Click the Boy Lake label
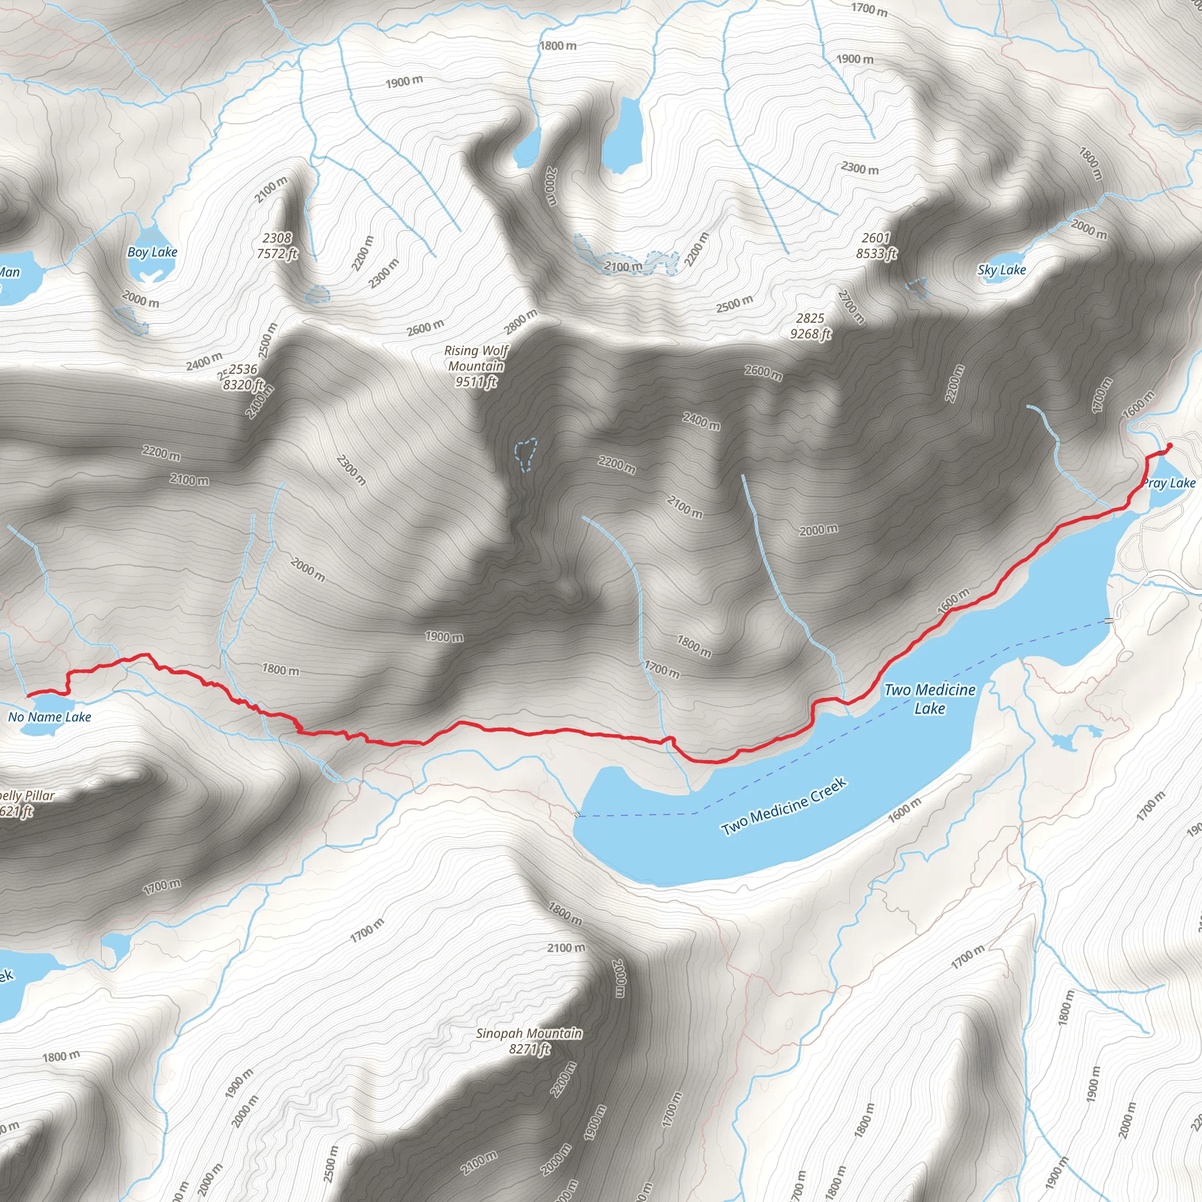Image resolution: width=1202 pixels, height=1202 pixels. coord(153,252)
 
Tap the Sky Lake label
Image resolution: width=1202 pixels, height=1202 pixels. coord(1001,270)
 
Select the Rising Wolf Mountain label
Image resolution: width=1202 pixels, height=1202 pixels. coord(476,359)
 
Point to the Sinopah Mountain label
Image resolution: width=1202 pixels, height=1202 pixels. coord(529,1034)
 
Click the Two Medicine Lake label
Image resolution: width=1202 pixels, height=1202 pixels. coord(930,698)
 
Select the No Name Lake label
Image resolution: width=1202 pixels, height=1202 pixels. coord(50,717)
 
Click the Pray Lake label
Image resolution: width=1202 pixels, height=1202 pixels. coord(1170,484)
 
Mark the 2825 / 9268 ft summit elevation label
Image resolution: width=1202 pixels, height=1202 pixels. coord(810,326)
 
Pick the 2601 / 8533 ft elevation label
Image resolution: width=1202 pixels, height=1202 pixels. coord(876,246)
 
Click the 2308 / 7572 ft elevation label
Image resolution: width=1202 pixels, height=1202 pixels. coord(277,246)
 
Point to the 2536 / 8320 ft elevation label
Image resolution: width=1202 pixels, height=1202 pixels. coord(243,377)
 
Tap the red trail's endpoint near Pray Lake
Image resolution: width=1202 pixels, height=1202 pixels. coord(1169,445)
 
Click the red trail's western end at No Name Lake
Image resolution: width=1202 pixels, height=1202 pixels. coord(28,695)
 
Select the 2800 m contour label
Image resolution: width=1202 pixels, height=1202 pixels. coord(521,322)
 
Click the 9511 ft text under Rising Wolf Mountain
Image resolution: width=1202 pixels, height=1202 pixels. coord(476,381)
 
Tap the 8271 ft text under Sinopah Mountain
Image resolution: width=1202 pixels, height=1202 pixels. coord(529,1049)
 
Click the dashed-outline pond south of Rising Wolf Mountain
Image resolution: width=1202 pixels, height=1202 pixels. coord(526,453)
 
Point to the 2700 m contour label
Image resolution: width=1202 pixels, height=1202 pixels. coord(851,307)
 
